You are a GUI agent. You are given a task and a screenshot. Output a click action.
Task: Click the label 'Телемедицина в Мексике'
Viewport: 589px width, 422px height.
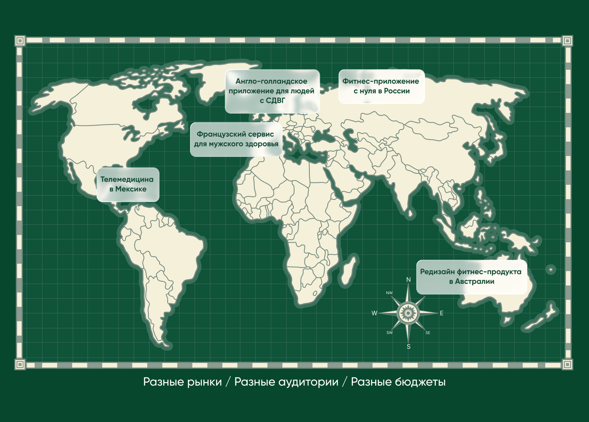pyautogui.click(x=128, y=185)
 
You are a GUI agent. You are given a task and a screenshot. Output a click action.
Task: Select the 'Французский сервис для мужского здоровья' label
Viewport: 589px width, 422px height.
pyautogui.click(x=236, y=139)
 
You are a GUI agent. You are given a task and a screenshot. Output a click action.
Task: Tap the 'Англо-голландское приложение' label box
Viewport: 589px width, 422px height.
pyautogui.click(x=272, y=91)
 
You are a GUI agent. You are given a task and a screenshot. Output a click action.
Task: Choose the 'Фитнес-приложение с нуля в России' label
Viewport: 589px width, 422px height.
pyautogui.click(x=381, y=86)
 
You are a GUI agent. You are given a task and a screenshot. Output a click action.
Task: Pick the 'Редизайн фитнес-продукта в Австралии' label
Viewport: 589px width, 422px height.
pyautogui.click(x=471, y=277)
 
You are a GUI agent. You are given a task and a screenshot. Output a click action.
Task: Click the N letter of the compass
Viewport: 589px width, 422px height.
pyautogui.click(x=408, y=280)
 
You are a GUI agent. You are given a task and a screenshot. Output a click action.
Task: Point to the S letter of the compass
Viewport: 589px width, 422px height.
pyautogui.click(x=409, y=347)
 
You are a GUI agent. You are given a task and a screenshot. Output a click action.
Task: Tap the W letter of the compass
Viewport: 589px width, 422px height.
pyautogui.click(x=374, y=313)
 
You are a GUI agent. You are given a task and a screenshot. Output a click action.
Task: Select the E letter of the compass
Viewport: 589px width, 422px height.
pyautogui.click(x=442, y=313)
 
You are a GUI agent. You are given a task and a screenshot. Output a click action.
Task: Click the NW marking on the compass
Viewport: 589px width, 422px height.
pyautogui.click(x=389, y=293)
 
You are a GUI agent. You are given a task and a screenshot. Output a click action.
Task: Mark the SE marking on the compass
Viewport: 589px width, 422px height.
pyautogui.click(x=428, y=333)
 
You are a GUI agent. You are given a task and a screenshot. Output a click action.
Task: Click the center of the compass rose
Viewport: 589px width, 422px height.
pyautogui.click(x=408, y=313)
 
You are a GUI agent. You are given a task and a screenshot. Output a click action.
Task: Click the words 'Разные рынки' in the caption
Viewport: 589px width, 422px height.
pyautogui.click(x=182, y=382)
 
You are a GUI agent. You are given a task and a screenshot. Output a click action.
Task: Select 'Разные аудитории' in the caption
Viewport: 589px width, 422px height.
pyautogui.click(x=286, y=382)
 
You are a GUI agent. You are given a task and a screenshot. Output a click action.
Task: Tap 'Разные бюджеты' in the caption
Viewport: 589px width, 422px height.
pyautogui.click(x=398, y=382)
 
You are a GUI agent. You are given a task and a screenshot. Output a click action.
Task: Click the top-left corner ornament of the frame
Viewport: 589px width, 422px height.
pyautogui.click(x=20, y=40)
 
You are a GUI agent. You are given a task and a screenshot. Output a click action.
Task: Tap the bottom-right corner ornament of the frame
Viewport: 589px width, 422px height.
pyautogui.click(x=567, y=364)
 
